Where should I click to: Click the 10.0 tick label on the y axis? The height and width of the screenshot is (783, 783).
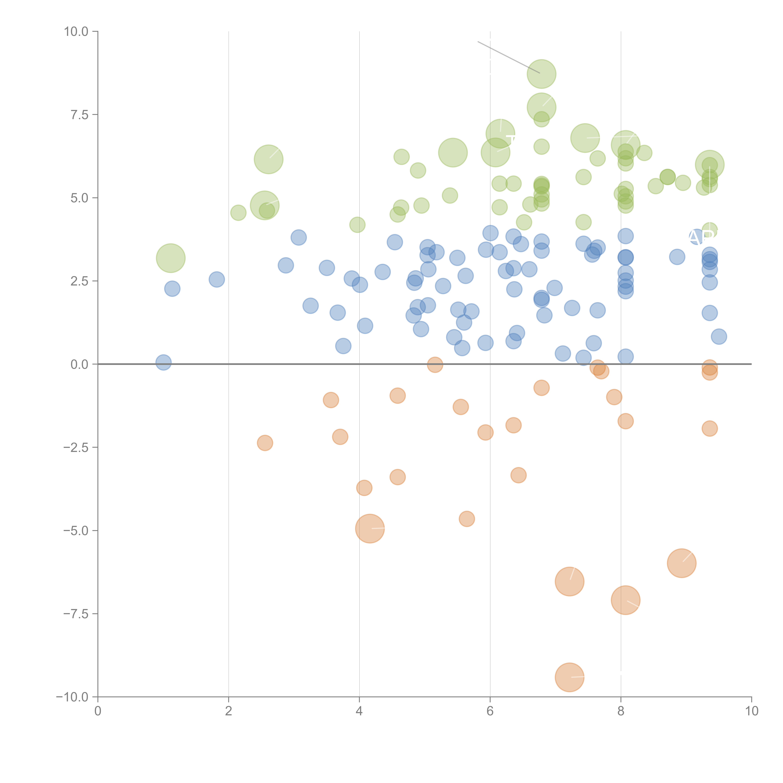(76, 32)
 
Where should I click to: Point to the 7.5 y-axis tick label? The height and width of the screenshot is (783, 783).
(79, 115)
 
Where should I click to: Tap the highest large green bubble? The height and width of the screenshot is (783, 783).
(542, 74)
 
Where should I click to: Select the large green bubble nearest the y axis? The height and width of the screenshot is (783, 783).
(171, 258)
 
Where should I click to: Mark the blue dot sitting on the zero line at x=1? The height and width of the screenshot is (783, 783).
(163, 362)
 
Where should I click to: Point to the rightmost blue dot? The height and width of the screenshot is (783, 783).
(719, 336)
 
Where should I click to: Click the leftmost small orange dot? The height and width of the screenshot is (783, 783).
(265, 443)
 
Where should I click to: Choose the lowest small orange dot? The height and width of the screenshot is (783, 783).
(467, 519)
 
